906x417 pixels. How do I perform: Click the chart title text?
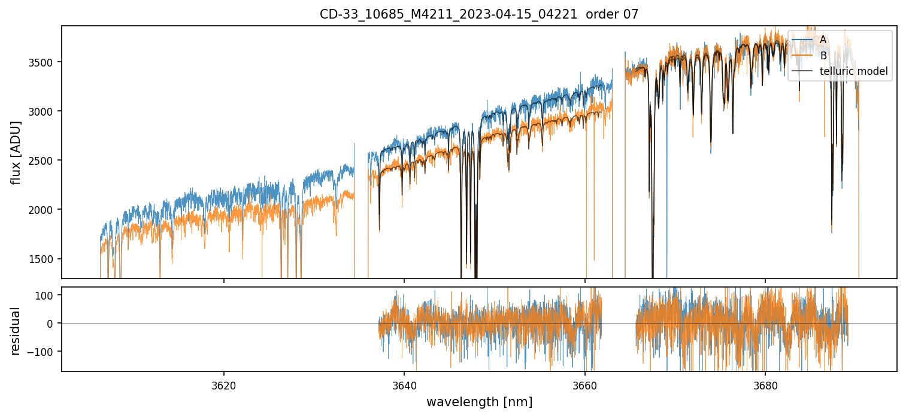pyautogui.click(x=479, y=14)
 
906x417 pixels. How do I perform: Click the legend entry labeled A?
pyautogui.click(x=823, y=40)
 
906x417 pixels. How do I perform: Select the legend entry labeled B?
pyautogui.click(x=823, y=56)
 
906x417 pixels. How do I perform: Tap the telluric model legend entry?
pyautogui.click(x=853, y=72)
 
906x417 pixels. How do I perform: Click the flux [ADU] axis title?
pyautogui.click(x=16, y=152)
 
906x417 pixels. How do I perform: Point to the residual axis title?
pyautogui.click(x=16, y=330)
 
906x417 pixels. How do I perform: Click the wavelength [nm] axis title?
pyautogui.click(x=479, y=402)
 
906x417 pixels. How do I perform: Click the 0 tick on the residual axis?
pyautogui.click(x=50, y=324)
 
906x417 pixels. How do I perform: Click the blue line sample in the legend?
pyautogui.click(x=802, y=40)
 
